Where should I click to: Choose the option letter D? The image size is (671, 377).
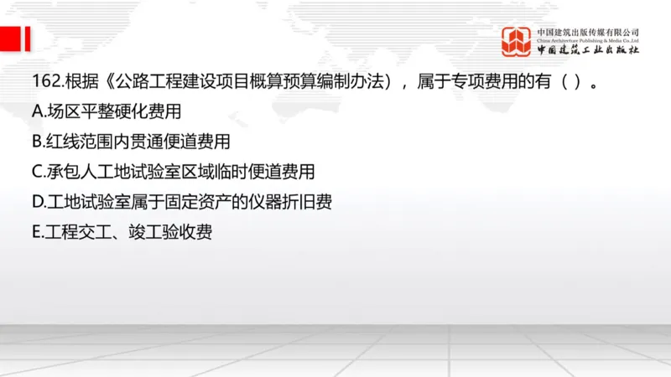37,202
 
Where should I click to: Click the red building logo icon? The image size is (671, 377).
516,41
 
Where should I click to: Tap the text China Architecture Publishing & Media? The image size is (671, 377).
588,39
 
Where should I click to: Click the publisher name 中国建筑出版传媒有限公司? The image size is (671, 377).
588,32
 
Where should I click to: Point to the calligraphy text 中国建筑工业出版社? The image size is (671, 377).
588,49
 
